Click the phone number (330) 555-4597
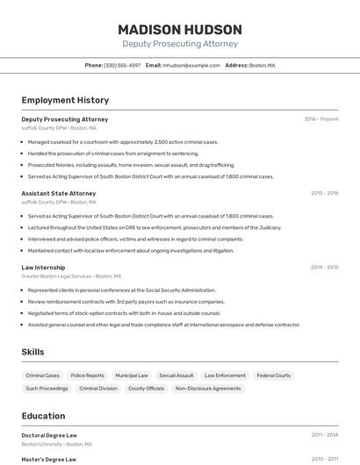pyautogui.click(x=122, y=65)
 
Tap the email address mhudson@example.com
pyautogui.click(x=191, y=65)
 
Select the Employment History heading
pyautogui.click(x=65, y=100)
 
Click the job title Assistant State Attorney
pyautogui.click(x=59, y=193)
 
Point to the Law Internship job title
pyautogui.click(x=43, y=267)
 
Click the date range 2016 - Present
pyautogui.click(x=320, y=119)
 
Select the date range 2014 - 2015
pyautogui.click(x=324, y=267)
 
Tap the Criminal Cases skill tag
pyautogui.click(x=42, y=376)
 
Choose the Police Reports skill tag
pyautogui.click(x=88, y=376)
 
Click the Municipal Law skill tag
pyautogui.click(x=132, y=376)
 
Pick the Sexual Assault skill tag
pyautogui.click(x=176, y=376)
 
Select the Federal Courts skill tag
pyautogui.click(x=273, y=376)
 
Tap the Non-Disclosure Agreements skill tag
pyautogui.click(x=208, y=388)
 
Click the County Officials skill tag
pyautogui.click(x=146, y=388)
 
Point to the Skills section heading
pyautogui.click(x=33, y=352)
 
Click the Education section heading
pyautogui.click(x=43, y=416)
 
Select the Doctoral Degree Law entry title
pyautogui.click(x=49, y=435)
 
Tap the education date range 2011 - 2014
pyautogui.click(x=324, y=435)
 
